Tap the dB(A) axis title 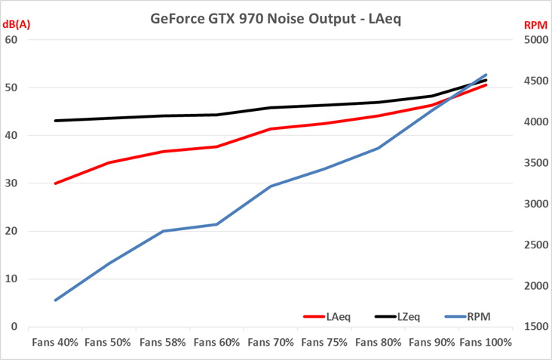[17, 25]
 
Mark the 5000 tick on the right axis [536, 39]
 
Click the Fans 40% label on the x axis [55, 342]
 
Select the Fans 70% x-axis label [271, 342]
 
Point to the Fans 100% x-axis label [486, 342]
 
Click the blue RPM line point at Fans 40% [55, 300]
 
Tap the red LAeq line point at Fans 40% [55, 183]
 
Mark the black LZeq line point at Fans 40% [55, 121]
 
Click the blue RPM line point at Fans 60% [217, 224]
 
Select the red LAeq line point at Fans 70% [271, 129]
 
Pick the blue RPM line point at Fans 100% [486, 74]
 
